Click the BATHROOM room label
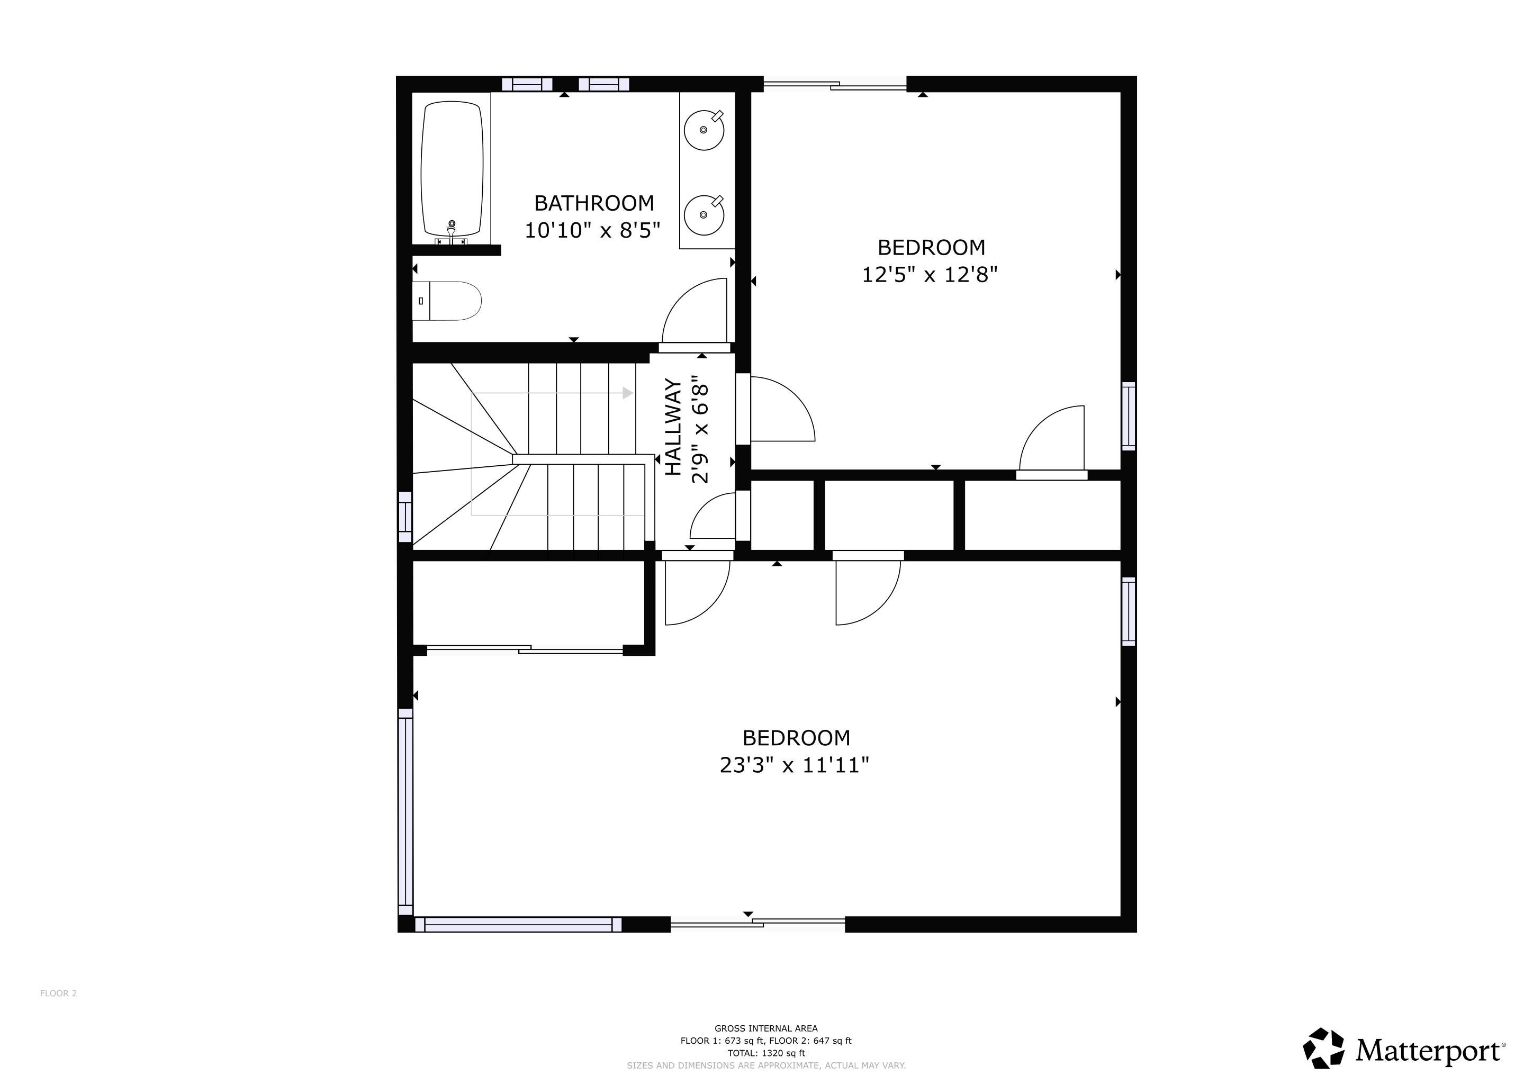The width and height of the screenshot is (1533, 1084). coord(593,203)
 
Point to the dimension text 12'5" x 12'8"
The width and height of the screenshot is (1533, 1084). coord(930,274)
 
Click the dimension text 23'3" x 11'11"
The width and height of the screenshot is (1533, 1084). coord(795,764)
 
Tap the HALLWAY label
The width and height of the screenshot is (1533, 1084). coord(674,427)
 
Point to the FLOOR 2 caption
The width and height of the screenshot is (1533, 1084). coord(59,993)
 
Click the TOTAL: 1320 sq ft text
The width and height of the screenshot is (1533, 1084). coord(766,1053)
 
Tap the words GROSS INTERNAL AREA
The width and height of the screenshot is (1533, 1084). coord(766,1028)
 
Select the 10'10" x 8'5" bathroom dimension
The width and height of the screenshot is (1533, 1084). coord(592,230)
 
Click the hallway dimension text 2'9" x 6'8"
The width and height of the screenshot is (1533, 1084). coord(699,433)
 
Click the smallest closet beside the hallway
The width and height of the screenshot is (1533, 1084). coord(782,516)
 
